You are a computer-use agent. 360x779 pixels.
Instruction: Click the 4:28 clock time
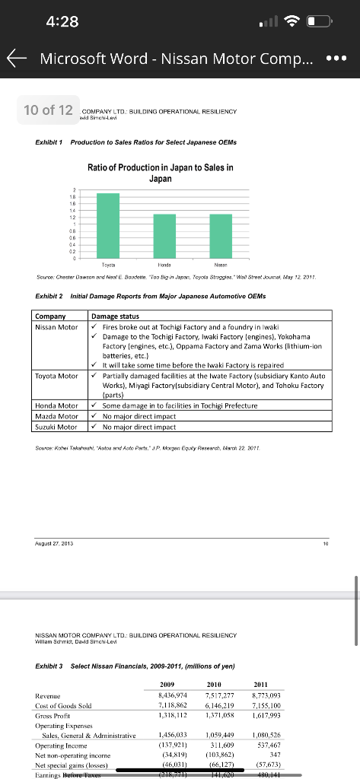[62, 21]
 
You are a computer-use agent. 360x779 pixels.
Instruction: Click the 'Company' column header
[53, 315]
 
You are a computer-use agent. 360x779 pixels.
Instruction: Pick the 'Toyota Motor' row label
[57, 375]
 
